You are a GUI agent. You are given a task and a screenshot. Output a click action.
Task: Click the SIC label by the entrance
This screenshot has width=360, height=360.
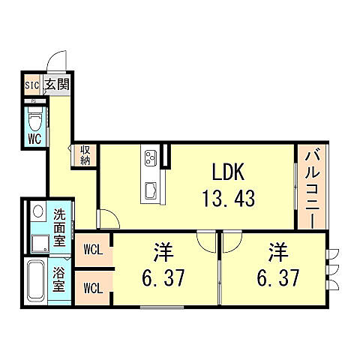pos(31,84)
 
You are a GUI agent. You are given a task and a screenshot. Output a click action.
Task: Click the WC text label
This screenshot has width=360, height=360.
pos(34,139)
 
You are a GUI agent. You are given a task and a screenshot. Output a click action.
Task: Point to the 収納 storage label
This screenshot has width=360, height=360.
pos(85,155)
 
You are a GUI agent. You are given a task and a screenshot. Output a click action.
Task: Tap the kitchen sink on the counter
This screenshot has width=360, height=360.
pos(149,189)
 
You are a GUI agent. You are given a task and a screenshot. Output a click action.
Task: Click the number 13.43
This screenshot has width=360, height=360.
pos(228,199)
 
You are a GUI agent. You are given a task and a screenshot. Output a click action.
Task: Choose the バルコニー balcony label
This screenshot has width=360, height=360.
pos(310,187)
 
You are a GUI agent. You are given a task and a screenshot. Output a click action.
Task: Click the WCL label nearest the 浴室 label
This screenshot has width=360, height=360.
pos(94,286)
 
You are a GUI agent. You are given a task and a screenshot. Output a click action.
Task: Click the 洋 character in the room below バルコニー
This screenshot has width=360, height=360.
pos(278,250)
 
